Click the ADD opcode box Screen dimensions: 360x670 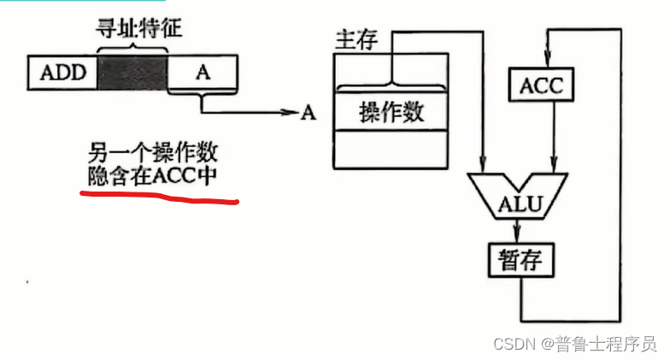[63, 72]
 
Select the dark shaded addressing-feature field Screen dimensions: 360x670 [133, 72]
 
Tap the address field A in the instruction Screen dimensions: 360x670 [203, 72]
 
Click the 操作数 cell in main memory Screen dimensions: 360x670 [391, 112]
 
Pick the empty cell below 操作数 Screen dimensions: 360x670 [391, 149]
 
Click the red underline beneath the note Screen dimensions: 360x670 [158, 197]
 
